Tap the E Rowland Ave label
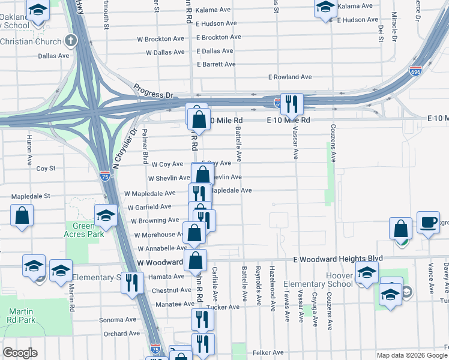[x=290, y=77]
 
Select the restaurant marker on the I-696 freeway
[x=292, y=104]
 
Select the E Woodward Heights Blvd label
[x=338, y=259]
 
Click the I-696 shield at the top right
[x=415, y=71]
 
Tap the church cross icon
[x=71, y=41]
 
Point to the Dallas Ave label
[x=53, y=56]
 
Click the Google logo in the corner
[x=20, y=353]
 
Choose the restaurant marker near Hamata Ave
[x=131, y=282]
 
